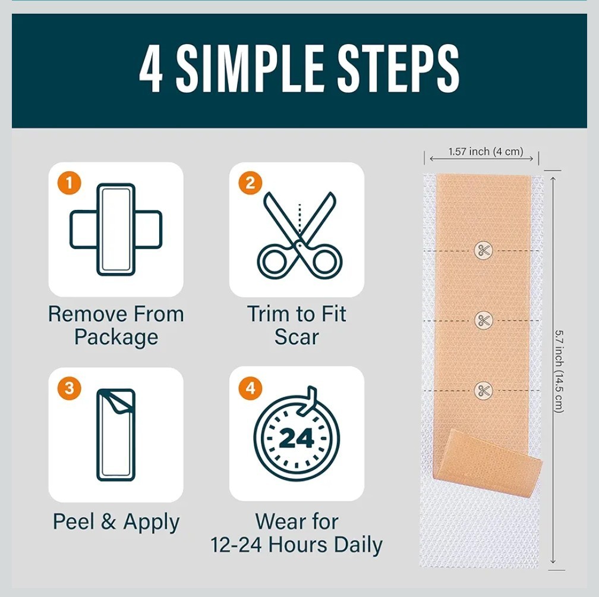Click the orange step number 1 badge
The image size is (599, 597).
click(x=69, y=183)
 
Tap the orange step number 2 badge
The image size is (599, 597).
click(x=250, y=183)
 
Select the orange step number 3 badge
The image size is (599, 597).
click(x=69, y=388)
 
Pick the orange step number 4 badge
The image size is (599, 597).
click(x=250, y=388)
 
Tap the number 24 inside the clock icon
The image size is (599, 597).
click(x=297, y=438)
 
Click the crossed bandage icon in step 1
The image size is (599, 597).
click(x=116, y=230)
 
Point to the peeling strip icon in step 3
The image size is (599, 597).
click(x=116, y=435)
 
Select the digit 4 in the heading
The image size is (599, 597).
click(x=151, y=68)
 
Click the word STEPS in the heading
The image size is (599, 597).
click(x=398, y=68)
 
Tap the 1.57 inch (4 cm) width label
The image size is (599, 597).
click(x=485, y=152)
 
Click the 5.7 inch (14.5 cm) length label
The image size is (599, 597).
click(x=559, y=371)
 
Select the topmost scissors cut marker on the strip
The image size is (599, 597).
click(x=483, y=250)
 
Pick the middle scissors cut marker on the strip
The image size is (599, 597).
click(x=483, y=321)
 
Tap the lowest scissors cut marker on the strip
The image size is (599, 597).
click(x=483, y=391)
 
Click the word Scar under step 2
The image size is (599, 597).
click(x=297, y=337)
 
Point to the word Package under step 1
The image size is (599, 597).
click(x=116, y=338)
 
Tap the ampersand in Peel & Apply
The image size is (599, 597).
click(x=109, y=521)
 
